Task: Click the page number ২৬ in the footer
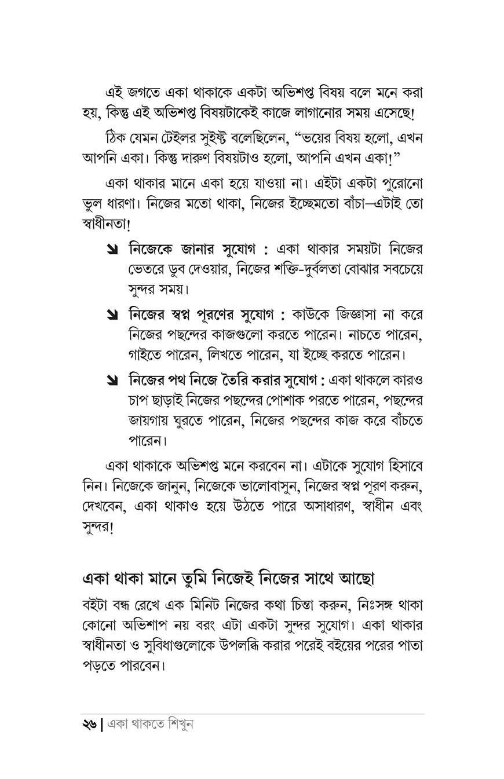pyautogui.click(x=90, y=724)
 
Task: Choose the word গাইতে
pyautogui.click(x=147, y=353)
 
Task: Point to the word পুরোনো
pyautogui.click(x=403, y=185)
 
